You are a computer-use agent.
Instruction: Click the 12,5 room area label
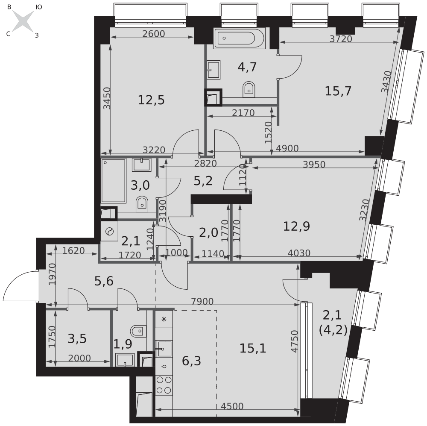click(x=152, y=100)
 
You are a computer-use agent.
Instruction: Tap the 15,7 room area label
click(x=338, y=91)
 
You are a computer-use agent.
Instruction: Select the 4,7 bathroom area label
click(x=247, y=67)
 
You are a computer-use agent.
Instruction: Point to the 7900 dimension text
click(x=202, y=301)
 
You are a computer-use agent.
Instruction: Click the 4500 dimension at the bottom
click(x=232, y=406)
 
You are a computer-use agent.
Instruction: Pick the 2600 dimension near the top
click(x=154, y=33)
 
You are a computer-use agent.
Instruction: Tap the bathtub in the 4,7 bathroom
click(x=240, y=38)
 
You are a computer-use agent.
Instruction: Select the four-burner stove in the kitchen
click(x=164, y=385)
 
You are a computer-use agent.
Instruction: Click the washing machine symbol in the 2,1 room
click(x=109, y=232)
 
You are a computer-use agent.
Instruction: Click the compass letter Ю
click(x=39, y=7)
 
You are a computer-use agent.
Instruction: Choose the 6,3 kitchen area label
click(x=191, y=361)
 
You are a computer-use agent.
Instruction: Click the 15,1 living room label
click(x=253, y=348)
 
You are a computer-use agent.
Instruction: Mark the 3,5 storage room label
click(x=77, y=339)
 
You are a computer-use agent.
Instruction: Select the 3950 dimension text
click(x=314, y=165)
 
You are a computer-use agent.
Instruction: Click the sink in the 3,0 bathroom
click(x=142, y=165)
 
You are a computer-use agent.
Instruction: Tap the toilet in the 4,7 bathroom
click(x=249, y=89)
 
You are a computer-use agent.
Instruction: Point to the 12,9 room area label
click(x=297, y=226)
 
